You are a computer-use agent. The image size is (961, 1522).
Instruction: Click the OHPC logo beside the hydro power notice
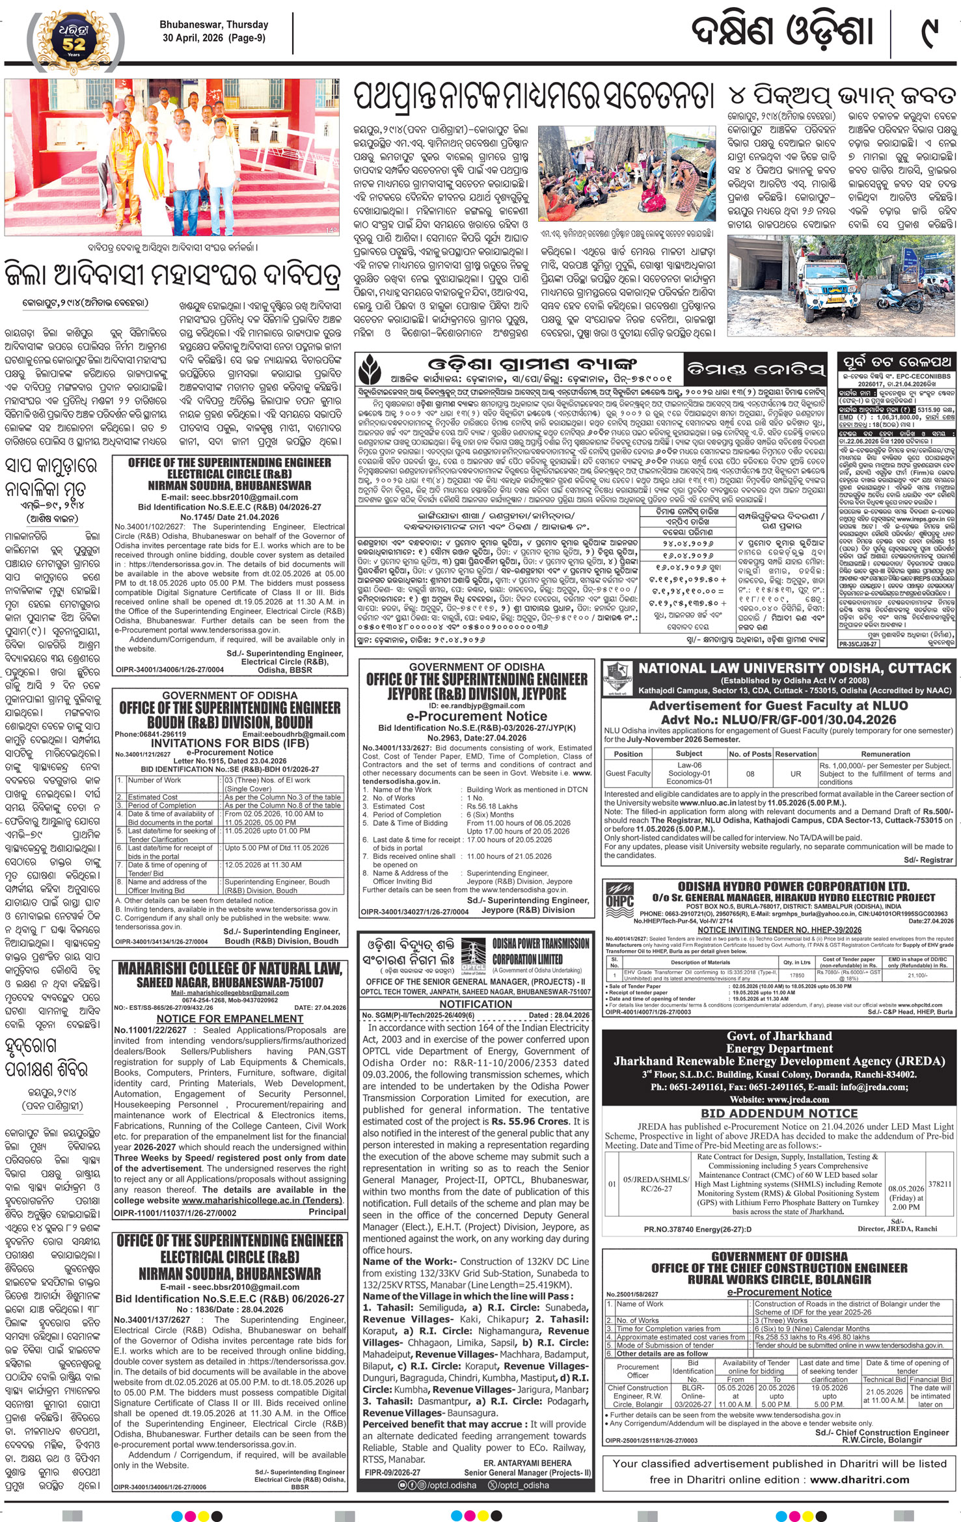(619, 899)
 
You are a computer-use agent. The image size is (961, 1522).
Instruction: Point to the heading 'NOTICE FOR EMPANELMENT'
(230, 1018)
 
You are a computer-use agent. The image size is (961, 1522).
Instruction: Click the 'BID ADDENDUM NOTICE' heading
(779, 1113)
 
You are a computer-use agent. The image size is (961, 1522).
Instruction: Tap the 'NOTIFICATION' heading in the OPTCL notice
(476, 1003)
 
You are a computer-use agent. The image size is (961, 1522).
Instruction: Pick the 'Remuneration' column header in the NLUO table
(885, 754)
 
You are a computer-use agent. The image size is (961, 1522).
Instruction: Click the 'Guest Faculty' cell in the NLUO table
(628, 773)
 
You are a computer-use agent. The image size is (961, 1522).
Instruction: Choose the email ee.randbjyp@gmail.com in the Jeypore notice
(476, 705)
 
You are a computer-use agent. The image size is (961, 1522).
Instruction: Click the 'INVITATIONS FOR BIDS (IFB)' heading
(230, 742)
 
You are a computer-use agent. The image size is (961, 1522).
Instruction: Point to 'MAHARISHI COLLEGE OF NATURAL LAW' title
(230, 969)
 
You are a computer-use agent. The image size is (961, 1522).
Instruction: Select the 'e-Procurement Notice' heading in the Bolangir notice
(779, 1292)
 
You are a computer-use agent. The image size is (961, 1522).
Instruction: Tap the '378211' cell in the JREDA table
(940, 1184)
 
